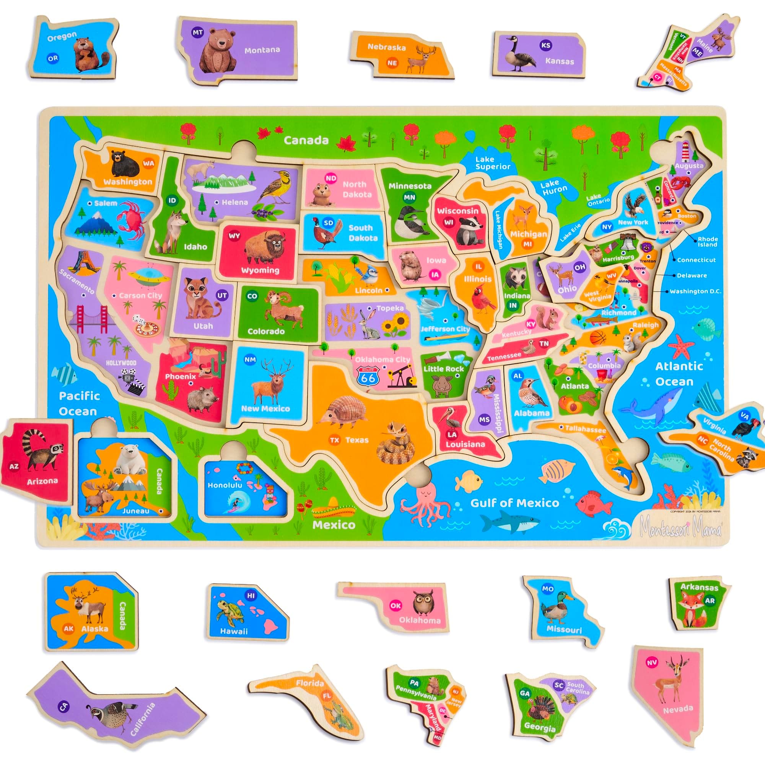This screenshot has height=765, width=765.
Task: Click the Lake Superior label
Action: (493, 163)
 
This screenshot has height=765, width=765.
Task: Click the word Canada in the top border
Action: (306, 140)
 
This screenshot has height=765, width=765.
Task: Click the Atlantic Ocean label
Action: (679, 374)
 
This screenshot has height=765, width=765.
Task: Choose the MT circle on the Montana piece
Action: (197, 33)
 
